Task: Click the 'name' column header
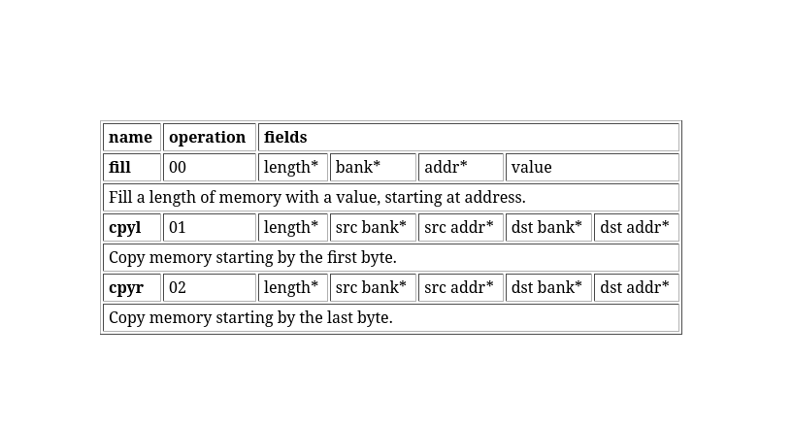point(130,138)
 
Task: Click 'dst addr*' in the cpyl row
point(635,227)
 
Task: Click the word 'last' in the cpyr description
point(340,318)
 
